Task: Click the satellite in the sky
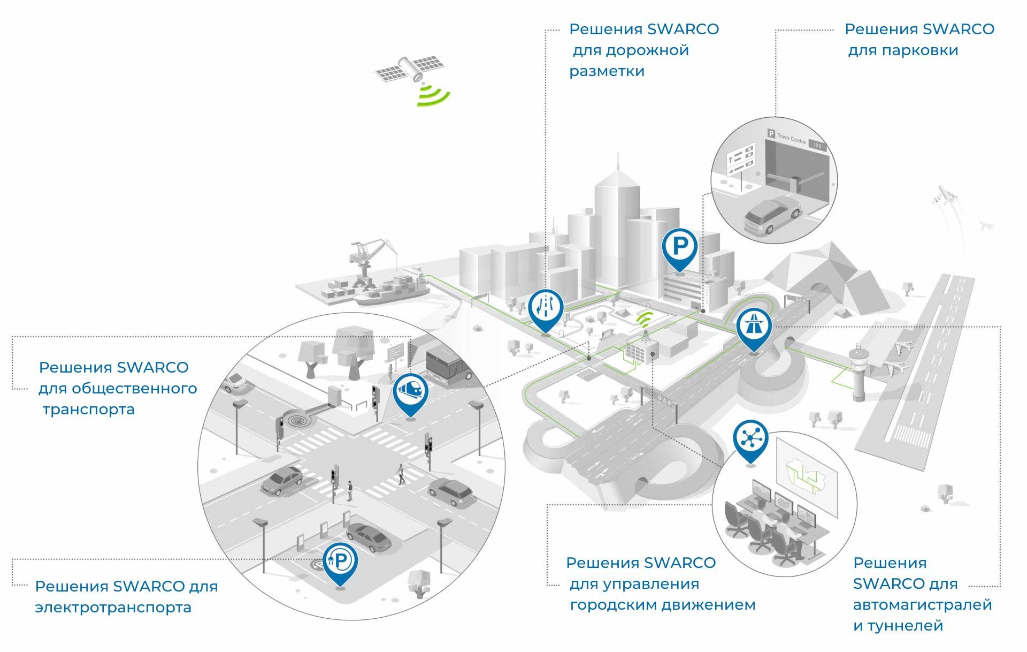click(x=410, y=69)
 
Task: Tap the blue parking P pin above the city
click(x=679, y=249)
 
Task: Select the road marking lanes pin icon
click(x=546, y=311)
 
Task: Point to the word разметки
click(x=607, y=72)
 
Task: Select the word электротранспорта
click(x=113, y=608)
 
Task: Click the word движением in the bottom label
click(x=708, y=605)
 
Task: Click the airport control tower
click(x=857, y=374)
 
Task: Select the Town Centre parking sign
click(x=797, y=140)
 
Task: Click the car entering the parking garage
click(x=772, y=215)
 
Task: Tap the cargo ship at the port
click(x=393, y=290)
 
